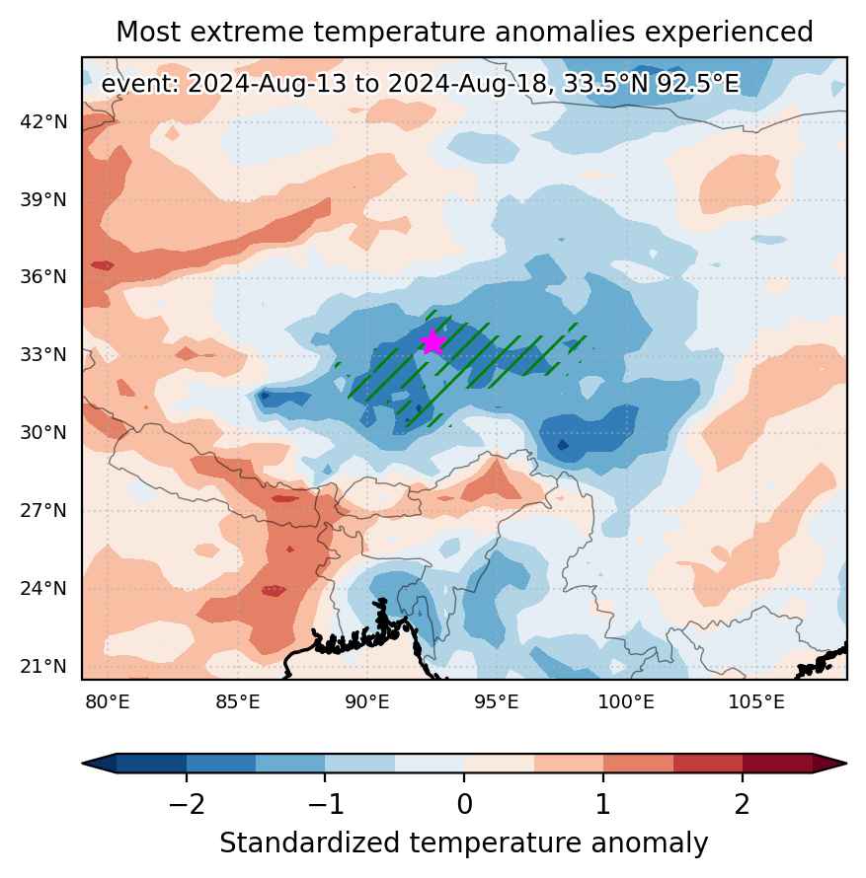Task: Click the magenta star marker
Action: click(x=433, y=342)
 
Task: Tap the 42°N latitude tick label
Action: click(x=43, y=121)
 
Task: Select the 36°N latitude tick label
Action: click(x=43, y=276)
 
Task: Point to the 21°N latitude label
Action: click(x=43, y=666)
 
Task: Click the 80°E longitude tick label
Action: click(x=108, y=701)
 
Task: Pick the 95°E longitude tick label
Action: click(x=497, y=701)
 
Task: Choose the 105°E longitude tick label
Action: click(x=756, y=701)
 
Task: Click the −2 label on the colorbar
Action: click(x=187, y=805)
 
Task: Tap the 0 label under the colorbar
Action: click(x=464, y=805)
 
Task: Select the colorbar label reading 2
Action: click(x=743, y=805)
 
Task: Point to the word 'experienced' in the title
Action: click(x=729, y=33)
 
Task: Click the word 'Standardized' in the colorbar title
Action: click(x=310, y=842)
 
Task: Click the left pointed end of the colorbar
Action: click(x=83, y=764)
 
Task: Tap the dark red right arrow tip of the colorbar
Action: click(x=846, y=764)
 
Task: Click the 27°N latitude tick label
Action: click(x=43, y=511)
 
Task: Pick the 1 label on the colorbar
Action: click(x=603, y=805)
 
